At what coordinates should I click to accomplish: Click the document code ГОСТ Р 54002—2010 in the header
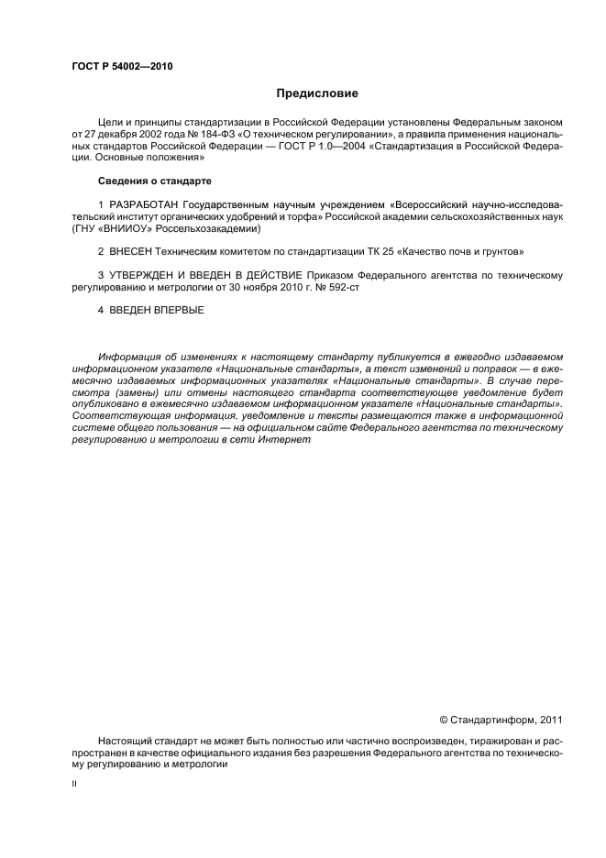(x=122, y=67)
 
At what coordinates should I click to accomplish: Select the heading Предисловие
(x=317, y=93)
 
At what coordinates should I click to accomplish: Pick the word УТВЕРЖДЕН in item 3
(x=145, y=275)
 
